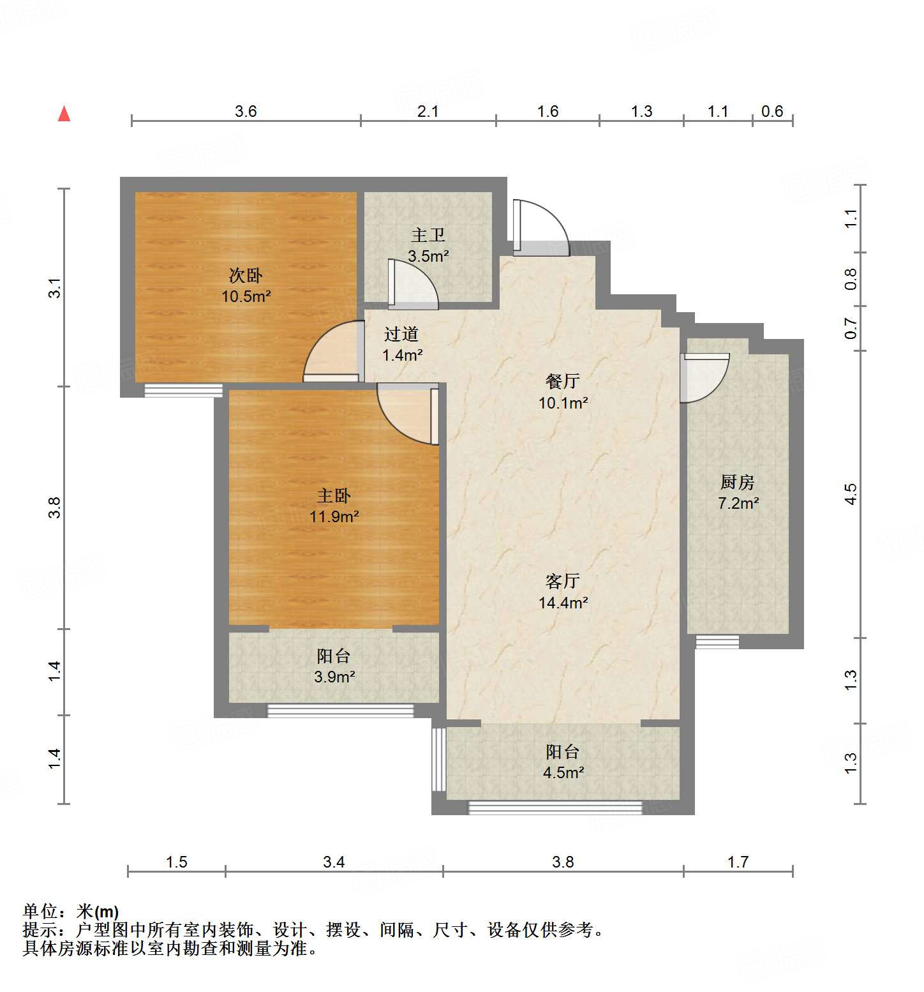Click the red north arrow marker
click(x=64, y=114)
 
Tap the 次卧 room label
click(x=246, y=276)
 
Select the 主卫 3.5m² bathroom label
click(x=428, y=246)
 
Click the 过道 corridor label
click(x=401, y=334)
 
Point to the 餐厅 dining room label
click(x=563, y=381)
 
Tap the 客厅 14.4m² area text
click(x=563, y=602)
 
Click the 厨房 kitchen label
click(x=738, y=482)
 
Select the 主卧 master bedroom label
click(x=334, y=496)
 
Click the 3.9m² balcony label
click(x=334, y=677)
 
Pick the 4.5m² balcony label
click(x=563, y=772)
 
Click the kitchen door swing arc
click(x=704, y=378)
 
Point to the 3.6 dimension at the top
click(x=246, y=111)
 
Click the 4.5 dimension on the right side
click(x=851, y=493)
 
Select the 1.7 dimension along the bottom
click(x=738, y=862)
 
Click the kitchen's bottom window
click(x=717, y=641)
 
